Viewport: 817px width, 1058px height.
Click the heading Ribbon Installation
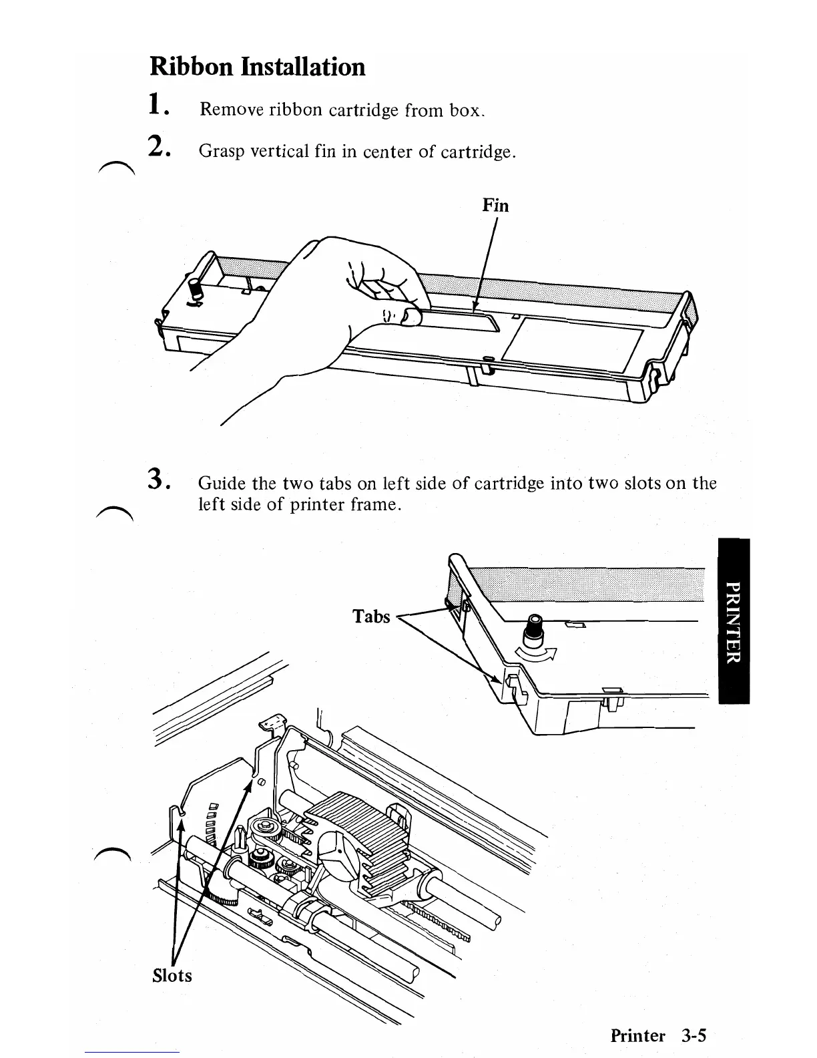[258, 67]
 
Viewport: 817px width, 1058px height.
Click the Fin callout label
[495, 206]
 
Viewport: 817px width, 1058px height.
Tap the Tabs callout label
[371, 616]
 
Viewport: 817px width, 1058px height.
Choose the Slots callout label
[172, 976]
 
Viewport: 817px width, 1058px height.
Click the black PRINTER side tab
[734, 621]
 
